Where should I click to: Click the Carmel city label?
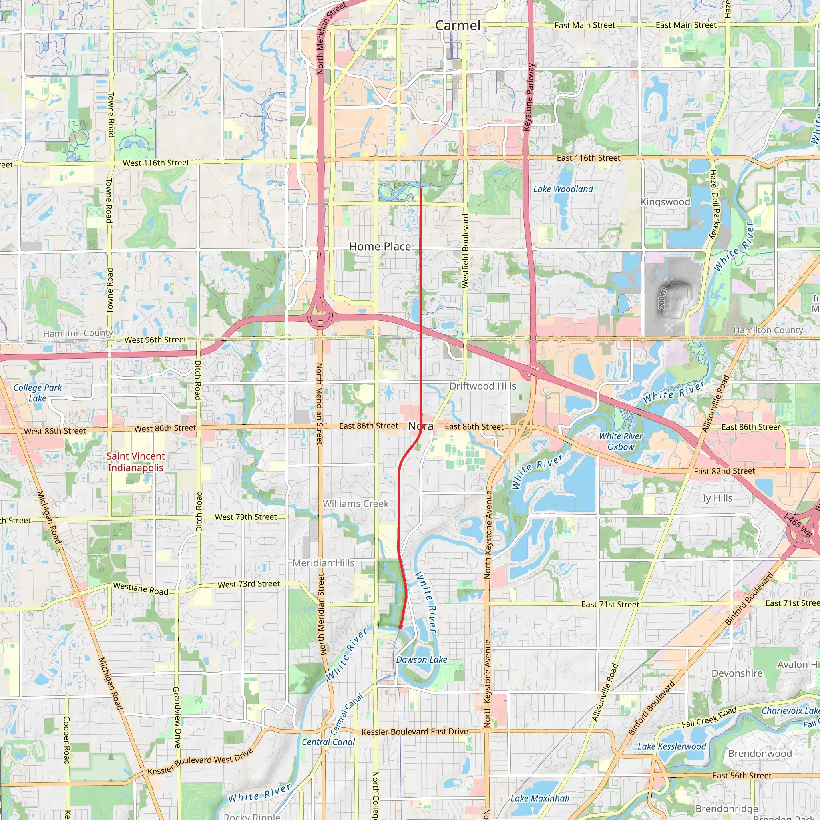pos(458,26)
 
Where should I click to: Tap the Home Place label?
pos(380,247)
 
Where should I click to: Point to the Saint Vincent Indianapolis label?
pos(135,462)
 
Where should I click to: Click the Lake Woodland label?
pos(563,189)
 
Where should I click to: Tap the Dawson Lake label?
pos(421,659)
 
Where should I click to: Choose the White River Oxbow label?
pos(621,441)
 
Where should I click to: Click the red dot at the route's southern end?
pos(400,627)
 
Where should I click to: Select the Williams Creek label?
pos(355,504)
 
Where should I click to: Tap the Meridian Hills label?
pos(324,563)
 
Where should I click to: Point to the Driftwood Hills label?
pos(482,386)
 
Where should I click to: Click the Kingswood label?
pos(665,202)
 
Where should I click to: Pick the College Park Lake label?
pos(37,393)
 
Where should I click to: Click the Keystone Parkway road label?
pos(529,97)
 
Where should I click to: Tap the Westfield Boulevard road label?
pos(465,251)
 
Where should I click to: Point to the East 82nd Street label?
pos(724,471)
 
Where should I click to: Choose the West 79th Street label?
pos(246,517)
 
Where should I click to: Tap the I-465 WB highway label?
pos(798,525)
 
